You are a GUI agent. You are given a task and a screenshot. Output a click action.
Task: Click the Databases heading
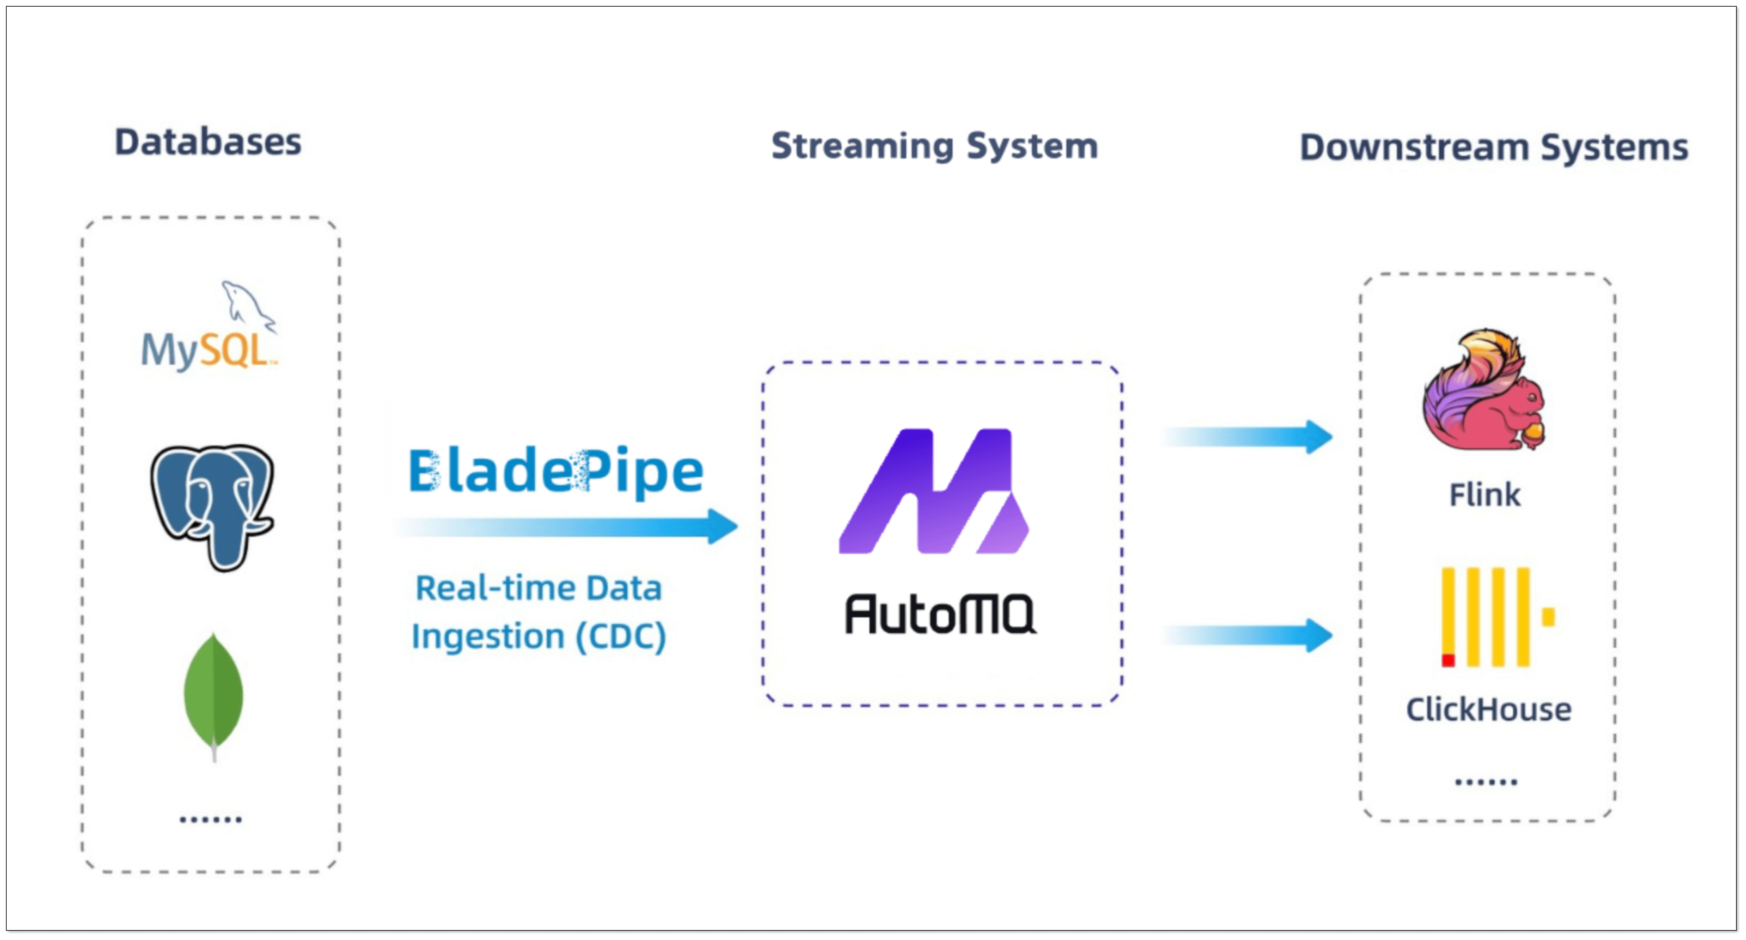[208, 142]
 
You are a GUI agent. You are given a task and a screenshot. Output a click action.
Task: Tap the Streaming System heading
[935, 146]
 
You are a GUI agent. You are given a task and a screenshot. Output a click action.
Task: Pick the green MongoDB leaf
[213, 692]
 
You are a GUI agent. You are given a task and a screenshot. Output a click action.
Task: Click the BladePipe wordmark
[556, 471]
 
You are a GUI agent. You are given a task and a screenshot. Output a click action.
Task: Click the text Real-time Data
[539, 588]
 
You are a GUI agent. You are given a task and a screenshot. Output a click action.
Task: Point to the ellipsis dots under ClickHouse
[1486, 782]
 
